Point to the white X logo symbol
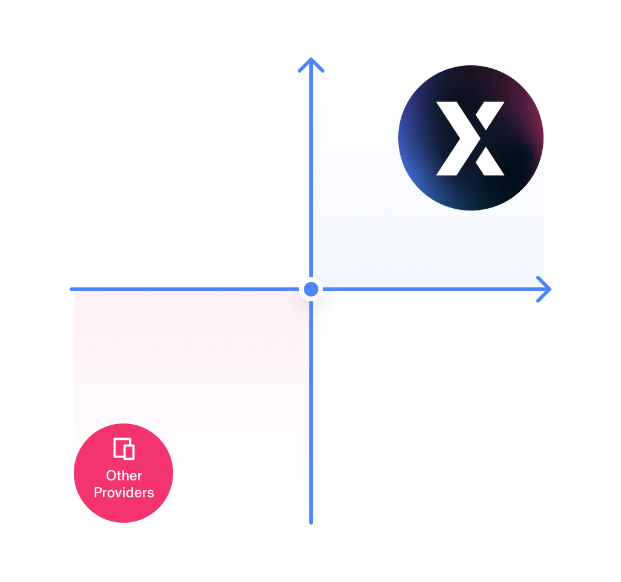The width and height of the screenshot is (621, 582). (x=471, y=139)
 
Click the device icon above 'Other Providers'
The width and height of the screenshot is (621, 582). (x=123, y=449)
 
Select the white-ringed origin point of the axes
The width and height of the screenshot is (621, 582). (x=311, y=290)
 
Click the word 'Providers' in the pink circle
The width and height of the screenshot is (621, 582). (x=123, y=492)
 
